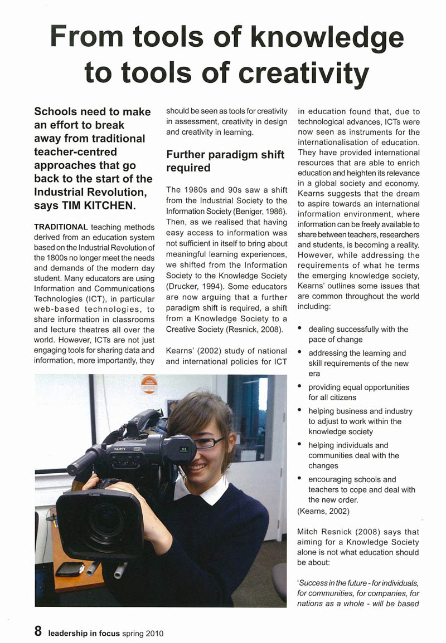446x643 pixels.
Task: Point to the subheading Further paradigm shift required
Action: pos(225,161)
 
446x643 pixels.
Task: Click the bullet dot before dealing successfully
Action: pos(300,329)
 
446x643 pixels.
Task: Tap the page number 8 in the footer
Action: pos(38,631)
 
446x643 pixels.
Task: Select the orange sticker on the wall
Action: pos(149,385)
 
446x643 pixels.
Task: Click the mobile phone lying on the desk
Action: pos(70,569)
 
